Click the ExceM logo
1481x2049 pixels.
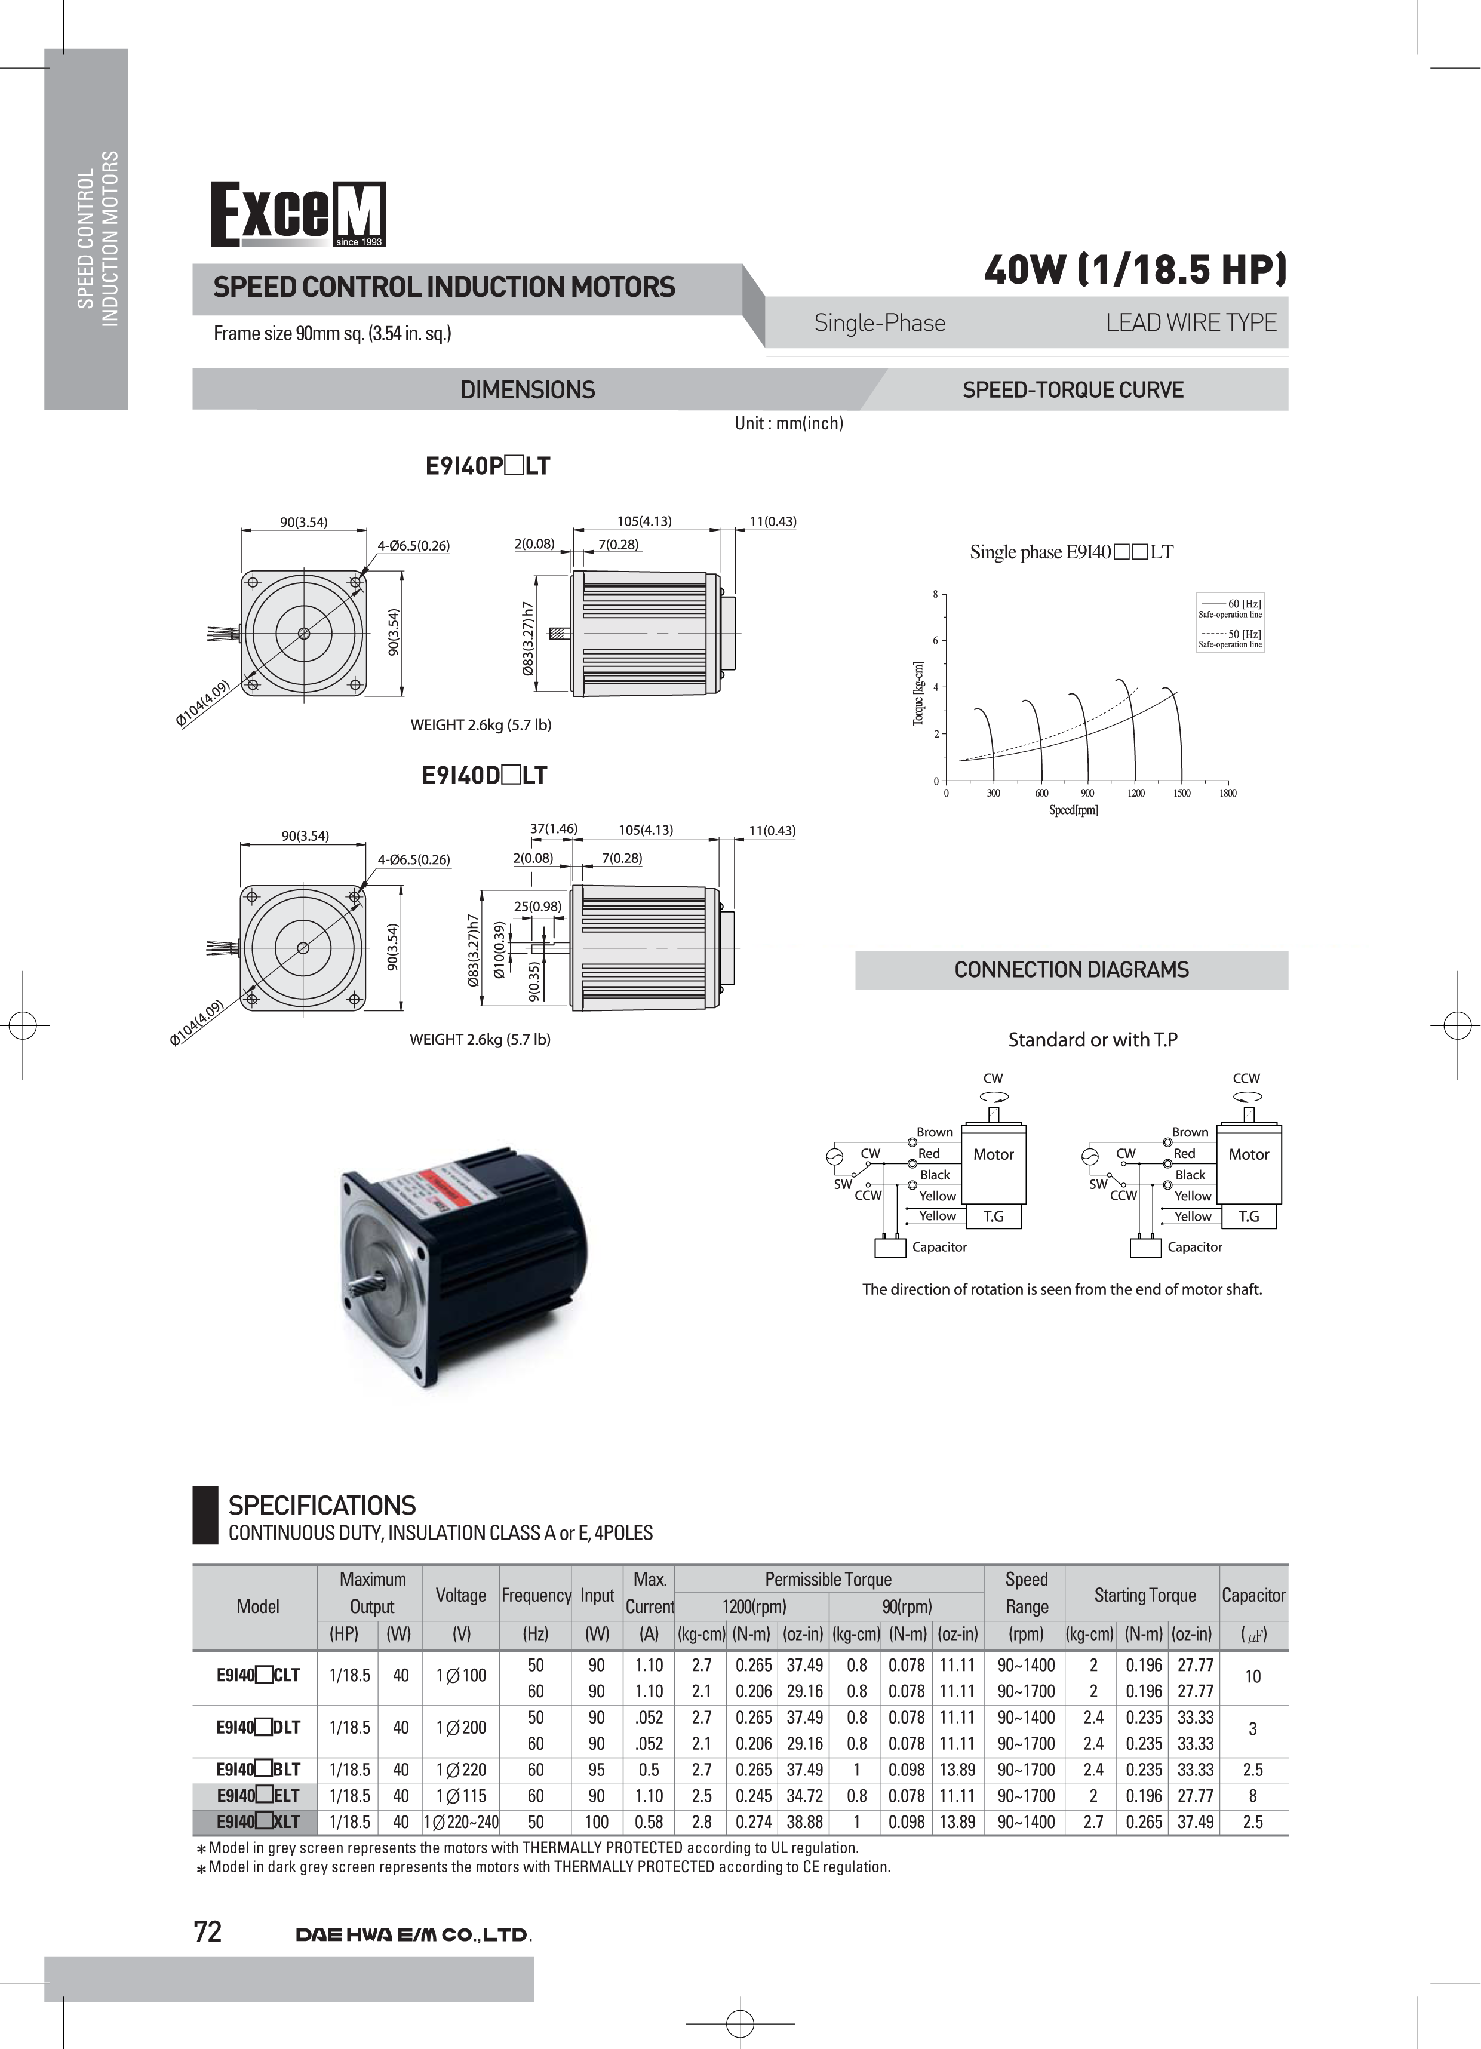click(298, 214)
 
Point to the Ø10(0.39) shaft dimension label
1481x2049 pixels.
click(499, 950)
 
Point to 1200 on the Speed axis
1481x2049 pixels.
click(1136, 793)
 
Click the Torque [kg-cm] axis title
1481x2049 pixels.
click(918, 694)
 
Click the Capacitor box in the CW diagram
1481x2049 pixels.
click(890, 1248)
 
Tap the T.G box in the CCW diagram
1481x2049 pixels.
click(1249, 1217)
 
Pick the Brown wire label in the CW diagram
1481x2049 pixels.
click(935, 1132)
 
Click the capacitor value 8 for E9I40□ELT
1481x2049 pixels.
click(1252, 1796)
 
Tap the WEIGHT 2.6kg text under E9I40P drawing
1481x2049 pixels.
click(481, 724)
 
